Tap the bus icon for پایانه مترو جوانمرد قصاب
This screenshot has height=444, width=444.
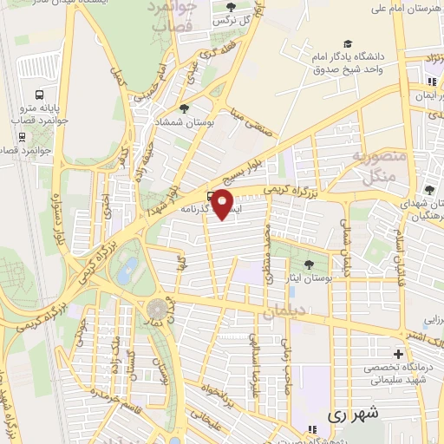[x=39, y=95]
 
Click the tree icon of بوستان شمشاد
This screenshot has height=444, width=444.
[x=184, y=108]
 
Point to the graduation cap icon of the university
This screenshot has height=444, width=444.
[x=348, y=43]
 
